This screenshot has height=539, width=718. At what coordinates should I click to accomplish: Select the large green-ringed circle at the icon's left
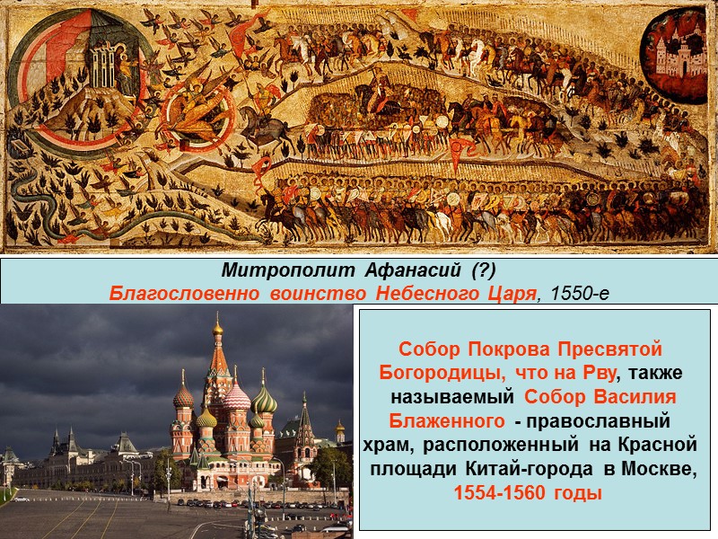click(72, 72)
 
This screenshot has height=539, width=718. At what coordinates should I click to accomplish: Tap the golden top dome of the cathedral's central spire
click(217, 328)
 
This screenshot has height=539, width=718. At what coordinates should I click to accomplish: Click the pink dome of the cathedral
click(237, 396)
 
